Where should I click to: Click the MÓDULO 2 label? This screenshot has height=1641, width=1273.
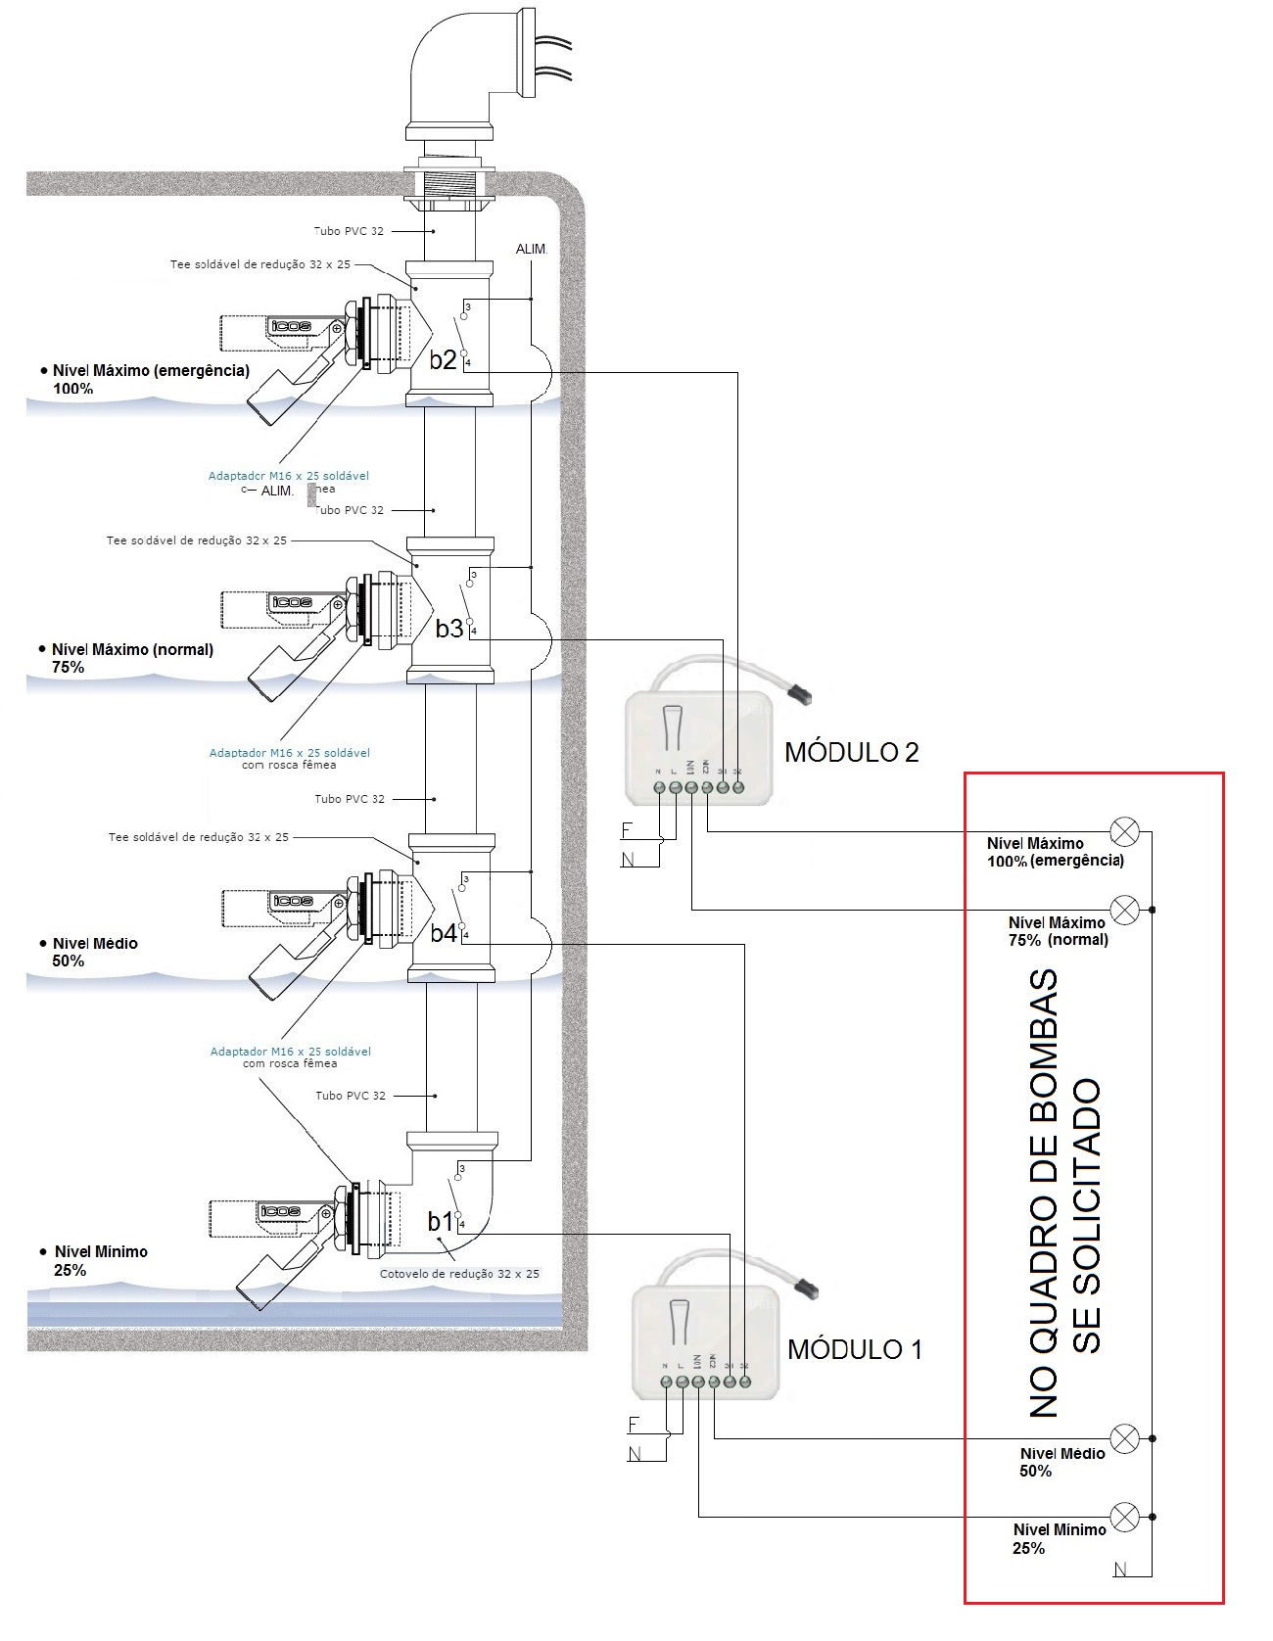pyautogui.click(x=851, y=752)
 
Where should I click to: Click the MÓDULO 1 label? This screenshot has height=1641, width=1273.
pyautogui.click(x=854, y=1349)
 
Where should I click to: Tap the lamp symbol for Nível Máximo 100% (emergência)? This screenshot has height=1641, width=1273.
pyautogui.click(x=1124, y=832)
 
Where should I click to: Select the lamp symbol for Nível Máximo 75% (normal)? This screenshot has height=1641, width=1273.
pyautogui.click(x=1124, y=910)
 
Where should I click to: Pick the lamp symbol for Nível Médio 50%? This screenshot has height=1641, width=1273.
pyautogui.click(x=1125, y=1438)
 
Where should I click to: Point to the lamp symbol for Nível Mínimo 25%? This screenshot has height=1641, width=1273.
pyautogui.click(x=1125, y=1517)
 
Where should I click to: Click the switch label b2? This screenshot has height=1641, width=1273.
pyautogui.click(x=443, y=359)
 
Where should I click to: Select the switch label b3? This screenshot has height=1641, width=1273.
pyautogui.click(x=448, y=629)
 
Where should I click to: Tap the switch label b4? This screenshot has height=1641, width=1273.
pyautogui.click(x=444, y=933)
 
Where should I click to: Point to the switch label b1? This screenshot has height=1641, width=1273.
pyautogui.click(x=441, y=1221)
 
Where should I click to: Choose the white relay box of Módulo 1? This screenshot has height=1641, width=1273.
pyautogui.click(x=705, y=1341)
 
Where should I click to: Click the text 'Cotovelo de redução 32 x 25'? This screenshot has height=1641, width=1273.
pyautogui.click(x=459, y=1274)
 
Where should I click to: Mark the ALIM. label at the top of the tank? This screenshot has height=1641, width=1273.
pyautogui.click(x=531, y=250)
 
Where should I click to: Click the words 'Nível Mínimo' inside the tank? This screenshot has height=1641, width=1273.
pyautogui.click(x=101, y=1251)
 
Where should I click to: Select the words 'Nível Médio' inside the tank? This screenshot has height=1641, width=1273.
pyautogui.click(x=95, y=943)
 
